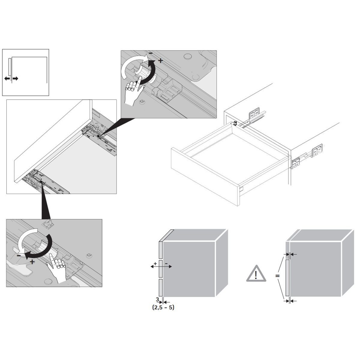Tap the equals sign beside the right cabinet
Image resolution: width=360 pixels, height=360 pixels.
click(x=277, y=275)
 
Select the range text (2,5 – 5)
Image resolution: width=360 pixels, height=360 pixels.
click(x=163, y=307)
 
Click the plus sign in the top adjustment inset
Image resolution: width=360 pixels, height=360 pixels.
click(x=160, y=61)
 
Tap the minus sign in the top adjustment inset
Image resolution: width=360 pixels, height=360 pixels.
click(x=150, y=53)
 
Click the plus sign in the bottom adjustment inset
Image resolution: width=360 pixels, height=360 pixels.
click(x=32, y=262)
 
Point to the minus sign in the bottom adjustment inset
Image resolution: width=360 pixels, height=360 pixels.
click(x=19, y=255)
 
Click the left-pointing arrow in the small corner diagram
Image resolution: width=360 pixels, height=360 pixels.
click(x=7, y=78)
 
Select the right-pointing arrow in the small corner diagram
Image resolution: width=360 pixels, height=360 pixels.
click(x=15, y=78)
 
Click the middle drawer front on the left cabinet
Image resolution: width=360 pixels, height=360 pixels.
click(x=160, y=268)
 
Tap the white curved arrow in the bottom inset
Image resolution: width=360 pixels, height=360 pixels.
click(x=24, y=240)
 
